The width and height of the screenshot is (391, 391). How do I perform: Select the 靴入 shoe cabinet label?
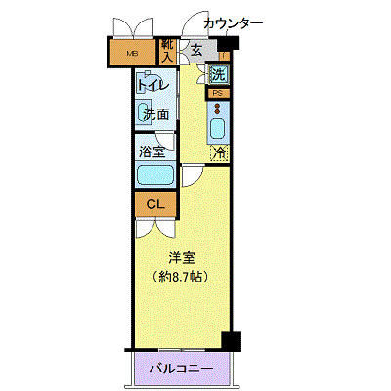167,51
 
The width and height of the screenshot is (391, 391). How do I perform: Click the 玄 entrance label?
196,50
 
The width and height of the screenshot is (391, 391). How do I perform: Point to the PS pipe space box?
218,93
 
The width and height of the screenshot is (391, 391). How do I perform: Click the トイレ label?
154,85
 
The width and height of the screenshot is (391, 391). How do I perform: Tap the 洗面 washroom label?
155,114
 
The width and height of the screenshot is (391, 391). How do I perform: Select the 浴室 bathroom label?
153,152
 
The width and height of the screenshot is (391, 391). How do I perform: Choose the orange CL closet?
153,204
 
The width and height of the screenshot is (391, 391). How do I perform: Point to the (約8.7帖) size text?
182,277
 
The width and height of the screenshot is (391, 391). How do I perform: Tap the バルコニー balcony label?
181,369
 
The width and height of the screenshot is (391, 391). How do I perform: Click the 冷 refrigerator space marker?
220,152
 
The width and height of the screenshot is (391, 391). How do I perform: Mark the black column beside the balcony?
231,341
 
